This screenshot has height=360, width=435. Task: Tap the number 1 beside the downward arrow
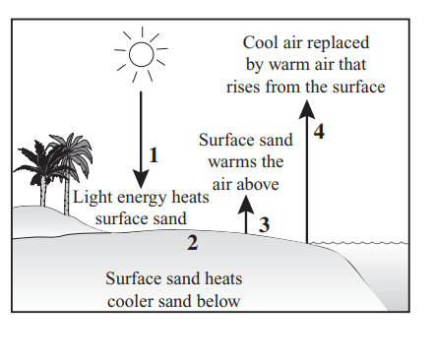click(x=154, y=155)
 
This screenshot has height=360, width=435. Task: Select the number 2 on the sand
click(x=193, y=243)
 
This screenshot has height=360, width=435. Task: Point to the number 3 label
click(x=264, y=225)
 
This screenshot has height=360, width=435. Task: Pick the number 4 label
click(x=319, y=132)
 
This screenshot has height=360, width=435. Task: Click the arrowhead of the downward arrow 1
click(x=141, y=179)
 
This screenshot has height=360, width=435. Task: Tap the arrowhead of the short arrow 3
click(x=246, y=205)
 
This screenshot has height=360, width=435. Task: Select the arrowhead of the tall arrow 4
click(x=307, y=109)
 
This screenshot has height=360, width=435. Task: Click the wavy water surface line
click(x=358, y=243)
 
